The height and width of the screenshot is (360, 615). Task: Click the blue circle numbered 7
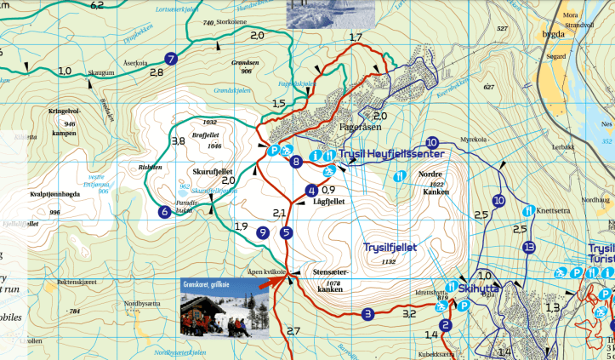(171, 59)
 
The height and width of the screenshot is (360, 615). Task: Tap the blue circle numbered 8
(296, 162)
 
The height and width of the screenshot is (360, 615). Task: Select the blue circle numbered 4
(311, 191)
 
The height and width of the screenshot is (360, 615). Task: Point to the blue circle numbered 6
(163, 212)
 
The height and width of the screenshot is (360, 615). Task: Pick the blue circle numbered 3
(367, 313)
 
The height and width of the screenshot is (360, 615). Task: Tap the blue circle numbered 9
(263, 232)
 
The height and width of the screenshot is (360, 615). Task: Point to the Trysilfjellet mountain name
(390, 248)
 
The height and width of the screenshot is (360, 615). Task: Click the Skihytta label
(478, 289)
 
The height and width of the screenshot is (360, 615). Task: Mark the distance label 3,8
(178, 141)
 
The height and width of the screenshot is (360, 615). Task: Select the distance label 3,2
(409, 314)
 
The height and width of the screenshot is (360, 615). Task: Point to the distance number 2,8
(156, 73)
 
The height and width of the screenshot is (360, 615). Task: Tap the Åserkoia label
(136, 62)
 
